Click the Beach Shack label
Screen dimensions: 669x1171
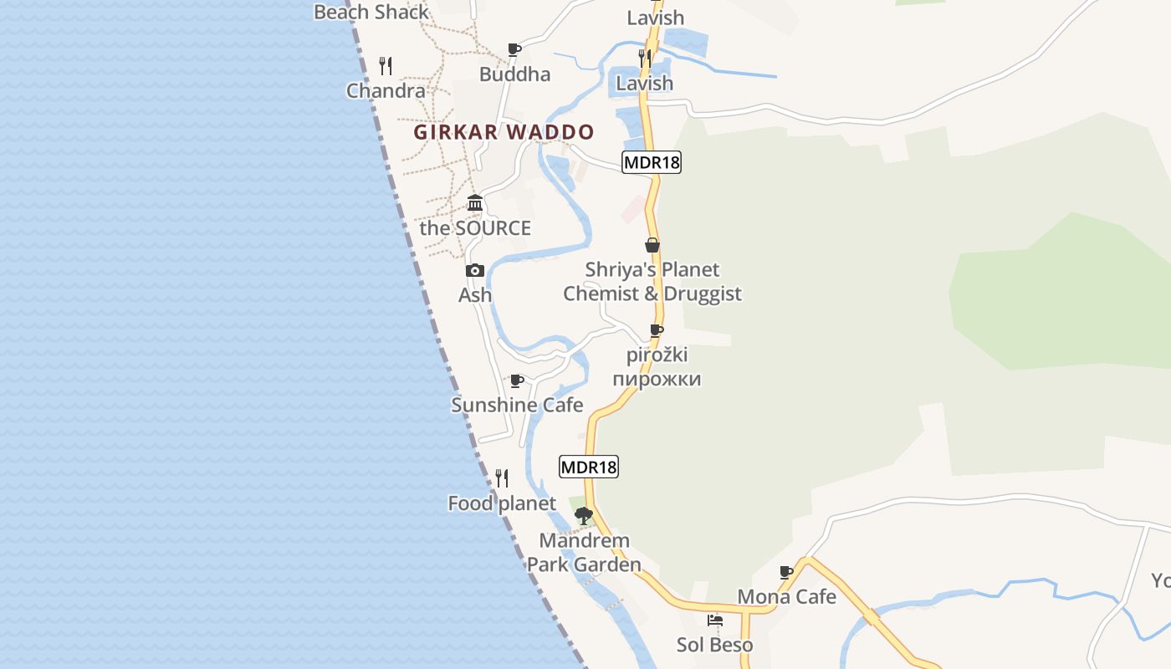pos(371,12)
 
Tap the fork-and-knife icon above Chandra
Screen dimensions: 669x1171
pos(386,65)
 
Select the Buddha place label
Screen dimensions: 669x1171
pos(514,74)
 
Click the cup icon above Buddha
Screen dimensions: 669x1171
pos(514,50)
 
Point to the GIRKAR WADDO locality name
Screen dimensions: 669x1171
pos(504,132)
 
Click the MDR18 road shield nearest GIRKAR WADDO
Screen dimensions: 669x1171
pos(652,162)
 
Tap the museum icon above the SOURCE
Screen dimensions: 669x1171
pos(475,203)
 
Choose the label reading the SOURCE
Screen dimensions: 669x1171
pos(475,228)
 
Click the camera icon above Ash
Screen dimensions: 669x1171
pos(475,270)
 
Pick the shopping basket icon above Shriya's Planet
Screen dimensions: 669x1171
pos(652,245)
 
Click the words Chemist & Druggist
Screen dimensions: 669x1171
pos(652,294)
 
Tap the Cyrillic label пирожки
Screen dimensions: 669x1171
pos(657,379)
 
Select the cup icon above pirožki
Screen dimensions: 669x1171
pos(657,331)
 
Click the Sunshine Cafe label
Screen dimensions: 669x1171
pos(517,406)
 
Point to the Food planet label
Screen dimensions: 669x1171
pos(502,503)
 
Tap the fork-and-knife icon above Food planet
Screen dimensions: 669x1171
pos(502,478)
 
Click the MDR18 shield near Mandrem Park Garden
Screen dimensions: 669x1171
pos(589,467)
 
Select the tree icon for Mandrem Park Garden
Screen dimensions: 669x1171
pos(584,515)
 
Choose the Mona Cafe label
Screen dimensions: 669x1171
pos(786,597)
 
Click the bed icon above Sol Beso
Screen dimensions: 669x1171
pos(715,620)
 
